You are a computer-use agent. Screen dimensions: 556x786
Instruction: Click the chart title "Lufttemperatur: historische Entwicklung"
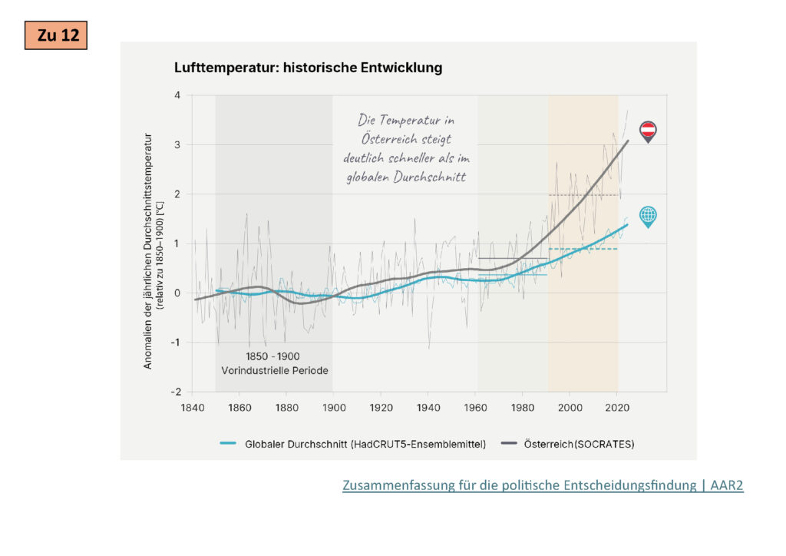309,68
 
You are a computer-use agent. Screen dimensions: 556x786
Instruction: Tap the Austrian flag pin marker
648,131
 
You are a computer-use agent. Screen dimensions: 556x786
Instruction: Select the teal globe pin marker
648,216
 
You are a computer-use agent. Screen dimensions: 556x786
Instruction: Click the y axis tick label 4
177,95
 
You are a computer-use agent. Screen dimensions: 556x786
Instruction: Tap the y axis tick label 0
177,293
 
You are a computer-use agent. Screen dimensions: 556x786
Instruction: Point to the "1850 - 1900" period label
273,356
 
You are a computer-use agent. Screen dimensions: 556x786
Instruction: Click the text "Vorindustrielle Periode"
274,370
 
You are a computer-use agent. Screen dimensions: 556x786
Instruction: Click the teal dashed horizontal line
583,249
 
